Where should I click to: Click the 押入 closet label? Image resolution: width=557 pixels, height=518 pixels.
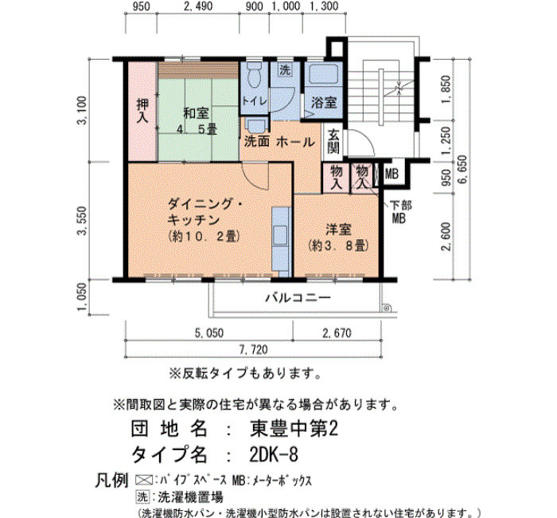coord(142,111)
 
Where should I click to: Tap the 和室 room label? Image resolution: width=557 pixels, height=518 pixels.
coord(196,113)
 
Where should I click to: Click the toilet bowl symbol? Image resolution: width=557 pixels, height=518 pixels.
coord(254,76)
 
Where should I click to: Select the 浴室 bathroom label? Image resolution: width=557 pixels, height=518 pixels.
coord(324,103)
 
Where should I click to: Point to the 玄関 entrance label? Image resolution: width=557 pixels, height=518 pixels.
coord(333,141)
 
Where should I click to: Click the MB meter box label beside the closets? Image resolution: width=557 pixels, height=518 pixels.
coord(391,174)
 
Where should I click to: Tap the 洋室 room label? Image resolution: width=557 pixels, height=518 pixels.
coord(338,230)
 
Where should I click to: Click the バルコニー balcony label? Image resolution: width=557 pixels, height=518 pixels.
coord(298,297)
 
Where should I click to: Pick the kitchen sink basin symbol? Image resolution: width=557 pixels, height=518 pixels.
coord(281,235)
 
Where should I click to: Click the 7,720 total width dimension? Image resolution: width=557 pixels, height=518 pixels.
coord(253,349)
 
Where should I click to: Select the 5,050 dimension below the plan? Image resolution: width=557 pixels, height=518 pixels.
coord(209,333)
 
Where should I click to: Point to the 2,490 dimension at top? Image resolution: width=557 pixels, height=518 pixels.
coord(198,6)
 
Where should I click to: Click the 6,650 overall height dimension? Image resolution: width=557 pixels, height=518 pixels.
coord(463,170)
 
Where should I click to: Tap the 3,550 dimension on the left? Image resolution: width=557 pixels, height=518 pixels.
coord(82,221)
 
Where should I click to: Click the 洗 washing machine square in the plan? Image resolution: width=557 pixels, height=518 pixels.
coord(285,70)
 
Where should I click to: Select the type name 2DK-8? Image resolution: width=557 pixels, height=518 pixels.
coord(274,454)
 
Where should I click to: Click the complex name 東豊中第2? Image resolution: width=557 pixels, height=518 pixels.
coord(294,429)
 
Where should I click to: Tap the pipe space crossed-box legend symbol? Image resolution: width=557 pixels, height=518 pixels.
coord(144,481)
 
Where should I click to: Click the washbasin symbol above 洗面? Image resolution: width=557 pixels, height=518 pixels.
coord(255,126)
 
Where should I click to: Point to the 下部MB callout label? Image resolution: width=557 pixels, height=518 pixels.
coord(400,212)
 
